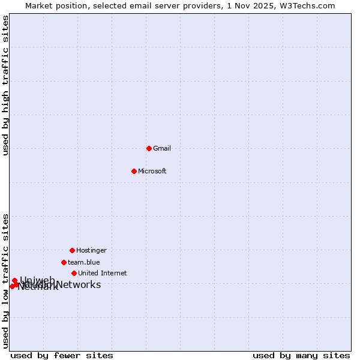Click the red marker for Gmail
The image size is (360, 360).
pyautogui.click(x=149, y=148)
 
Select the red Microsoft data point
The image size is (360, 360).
pyautogui.click(x=134, y=171)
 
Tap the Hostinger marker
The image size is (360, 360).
pyautogui.click(x=72, y=250)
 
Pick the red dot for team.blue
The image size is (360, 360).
pyautogui.click(x=64, y=262)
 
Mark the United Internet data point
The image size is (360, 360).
pyautogui.click(x=74, y=273)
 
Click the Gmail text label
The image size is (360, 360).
pyautogui.click(x=162, y=148)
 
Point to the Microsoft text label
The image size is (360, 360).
pyautogui.click(x=152, y=171)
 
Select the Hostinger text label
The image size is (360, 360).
pyautogui.click(x=91, y=250)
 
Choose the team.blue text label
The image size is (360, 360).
pyautogui.click(x=84, y=262)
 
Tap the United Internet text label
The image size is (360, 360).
pyautogui.click(x=103, y=273)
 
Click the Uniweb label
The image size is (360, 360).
pyautogui.click(x=37, y=280)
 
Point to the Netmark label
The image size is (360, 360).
pyautogui.click(x=38, y=287)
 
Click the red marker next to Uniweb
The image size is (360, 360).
pyautogui.click(x=14, y=280)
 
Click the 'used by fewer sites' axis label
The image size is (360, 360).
pyautogui.click(x=62, y=355)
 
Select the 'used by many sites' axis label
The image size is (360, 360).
pyautogui.click(x=301, y=355)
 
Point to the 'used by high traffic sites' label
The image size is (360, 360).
pyautogui.click(x=5, y=85)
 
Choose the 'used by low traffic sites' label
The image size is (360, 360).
pyautogui.click(x=5, y=280)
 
